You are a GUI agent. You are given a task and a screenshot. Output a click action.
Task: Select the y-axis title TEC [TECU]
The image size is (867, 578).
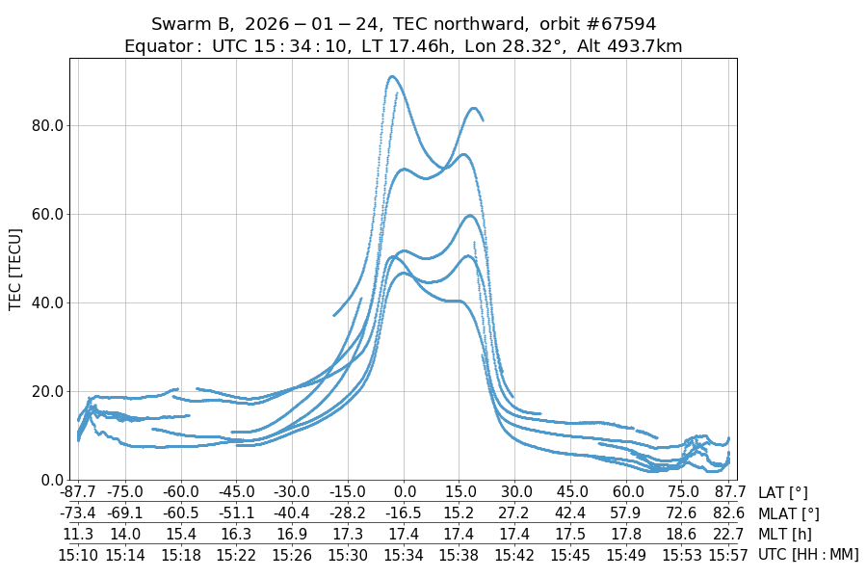pos(15,269)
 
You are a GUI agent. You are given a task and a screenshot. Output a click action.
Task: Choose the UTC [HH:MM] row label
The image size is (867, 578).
pos(808,554)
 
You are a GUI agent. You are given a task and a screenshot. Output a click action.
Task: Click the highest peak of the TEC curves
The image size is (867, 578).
pos(391,76)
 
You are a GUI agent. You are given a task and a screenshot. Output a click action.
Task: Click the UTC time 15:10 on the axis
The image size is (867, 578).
pos(78,554)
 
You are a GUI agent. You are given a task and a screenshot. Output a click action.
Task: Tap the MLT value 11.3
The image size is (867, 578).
pos(78,534)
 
